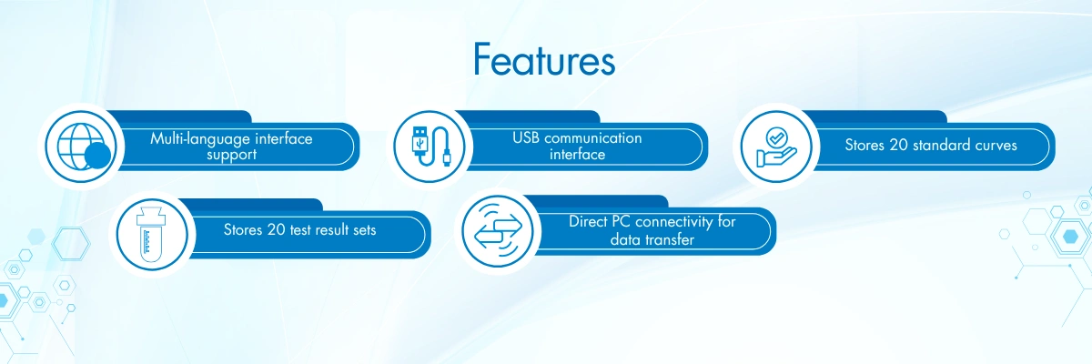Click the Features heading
point(544,59)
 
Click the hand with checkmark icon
point(776,147)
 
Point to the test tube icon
point(152,235)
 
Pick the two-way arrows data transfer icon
point(498,231)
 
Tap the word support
point(231,156)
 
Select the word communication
point(592,138)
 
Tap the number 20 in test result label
point(277,229)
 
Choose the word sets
point(365,229)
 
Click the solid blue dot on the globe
point(97,156)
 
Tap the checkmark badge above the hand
point(776,137)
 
